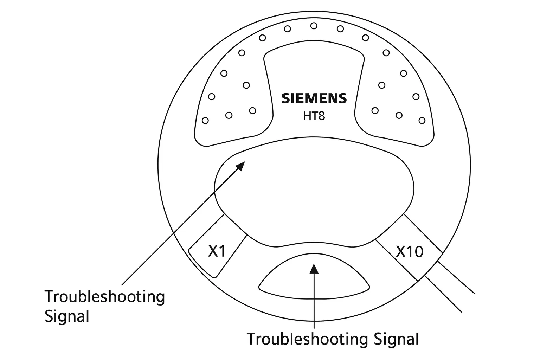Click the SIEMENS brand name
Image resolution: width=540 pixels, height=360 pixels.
(314, 98)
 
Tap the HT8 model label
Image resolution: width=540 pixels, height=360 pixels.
(314, 116)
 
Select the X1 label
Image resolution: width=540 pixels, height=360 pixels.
(217, 251)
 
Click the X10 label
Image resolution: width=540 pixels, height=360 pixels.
(410, 252)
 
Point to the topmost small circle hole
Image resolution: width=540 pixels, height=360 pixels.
(314, 26)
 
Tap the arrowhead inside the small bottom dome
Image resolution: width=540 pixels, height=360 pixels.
(314, 269)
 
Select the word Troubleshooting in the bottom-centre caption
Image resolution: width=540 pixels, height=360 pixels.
(308, 339)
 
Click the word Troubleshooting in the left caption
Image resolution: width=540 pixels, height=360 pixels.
(105, 297)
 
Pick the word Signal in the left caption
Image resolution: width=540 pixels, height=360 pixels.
(67, 316)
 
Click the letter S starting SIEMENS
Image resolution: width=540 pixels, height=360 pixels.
(285, 98)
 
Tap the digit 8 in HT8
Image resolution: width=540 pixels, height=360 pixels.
(321, 116)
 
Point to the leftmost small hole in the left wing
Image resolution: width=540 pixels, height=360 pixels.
(206, 121)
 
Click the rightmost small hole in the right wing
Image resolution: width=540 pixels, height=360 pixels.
(422, 121)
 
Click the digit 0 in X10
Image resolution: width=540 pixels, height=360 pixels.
(418, 252)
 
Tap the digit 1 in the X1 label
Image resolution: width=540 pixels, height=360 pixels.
(221, 251)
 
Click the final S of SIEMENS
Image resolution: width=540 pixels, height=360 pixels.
(342, 98)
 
